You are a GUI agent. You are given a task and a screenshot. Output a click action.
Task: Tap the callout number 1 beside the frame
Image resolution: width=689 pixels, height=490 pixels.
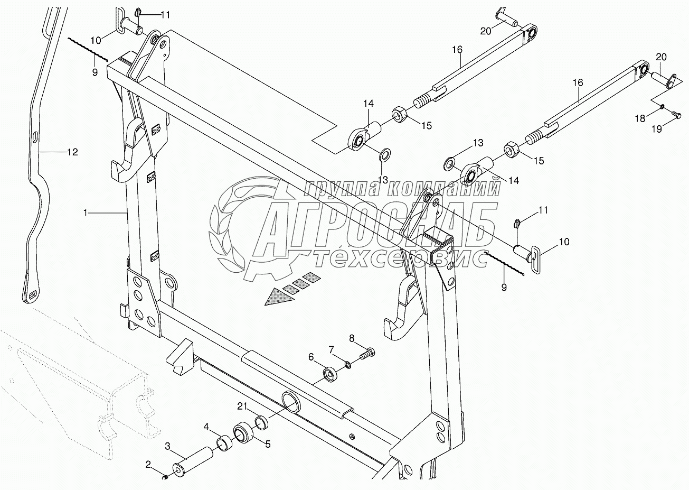click(x=85, y=212)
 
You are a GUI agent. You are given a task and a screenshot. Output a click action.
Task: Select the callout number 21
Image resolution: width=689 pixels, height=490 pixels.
click(x=242, y=406)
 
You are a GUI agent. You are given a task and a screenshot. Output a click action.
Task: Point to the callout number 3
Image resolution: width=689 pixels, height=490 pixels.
click(x=167, y=447)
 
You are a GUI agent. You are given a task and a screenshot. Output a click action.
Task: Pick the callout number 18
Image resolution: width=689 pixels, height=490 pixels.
click(x=640, y=119)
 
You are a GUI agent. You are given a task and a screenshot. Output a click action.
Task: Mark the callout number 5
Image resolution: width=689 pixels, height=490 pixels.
click(x=268, y=445)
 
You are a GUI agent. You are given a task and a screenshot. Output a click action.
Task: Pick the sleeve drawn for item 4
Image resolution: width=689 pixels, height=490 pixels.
click(x=224, y=440)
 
